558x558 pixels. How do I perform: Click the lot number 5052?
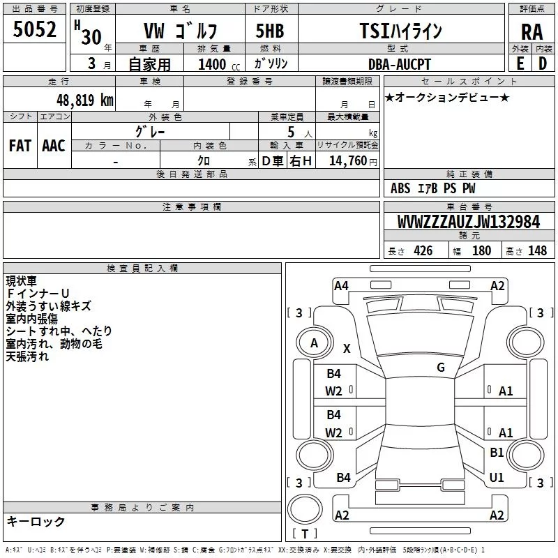(34, 29)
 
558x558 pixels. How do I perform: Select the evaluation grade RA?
(531, 32)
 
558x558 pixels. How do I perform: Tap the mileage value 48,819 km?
(85, 100)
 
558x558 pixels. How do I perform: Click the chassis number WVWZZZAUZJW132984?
(469, 222)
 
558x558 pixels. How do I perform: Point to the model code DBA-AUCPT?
(399, 64)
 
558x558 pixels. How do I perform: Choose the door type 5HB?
(270, 31)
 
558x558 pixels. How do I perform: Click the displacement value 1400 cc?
(219, 64)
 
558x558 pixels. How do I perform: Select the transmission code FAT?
(20, 146)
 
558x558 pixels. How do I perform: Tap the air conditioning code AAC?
(54, 146)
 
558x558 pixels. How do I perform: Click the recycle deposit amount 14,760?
(348, 161)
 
